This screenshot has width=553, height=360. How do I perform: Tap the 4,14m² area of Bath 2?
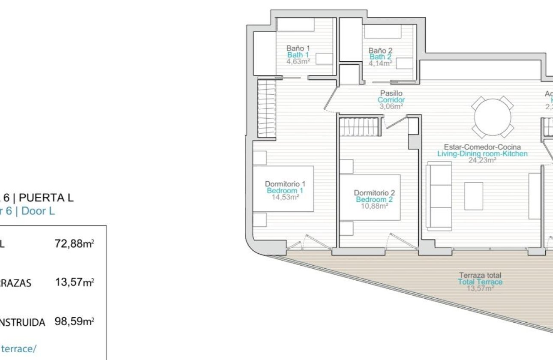[380, 63]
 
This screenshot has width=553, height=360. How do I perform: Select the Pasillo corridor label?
[391, 93]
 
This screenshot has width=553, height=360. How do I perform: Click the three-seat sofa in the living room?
[439, 196]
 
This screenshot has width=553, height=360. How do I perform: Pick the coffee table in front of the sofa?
[474, 196]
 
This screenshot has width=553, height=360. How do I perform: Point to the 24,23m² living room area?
[482, 160]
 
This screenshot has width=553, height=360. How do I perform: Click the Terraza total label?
[480, 275]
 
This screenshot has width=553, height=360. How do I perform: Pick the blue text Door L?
[38, 211]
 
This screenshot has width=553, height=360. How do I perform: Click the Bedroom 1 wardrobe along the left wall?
[266, 109]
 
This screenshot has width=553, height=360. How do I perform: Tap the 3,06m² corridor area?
[391, 106]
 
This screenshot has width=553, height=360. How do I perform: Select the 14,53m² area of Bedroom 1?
[285, 197]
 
